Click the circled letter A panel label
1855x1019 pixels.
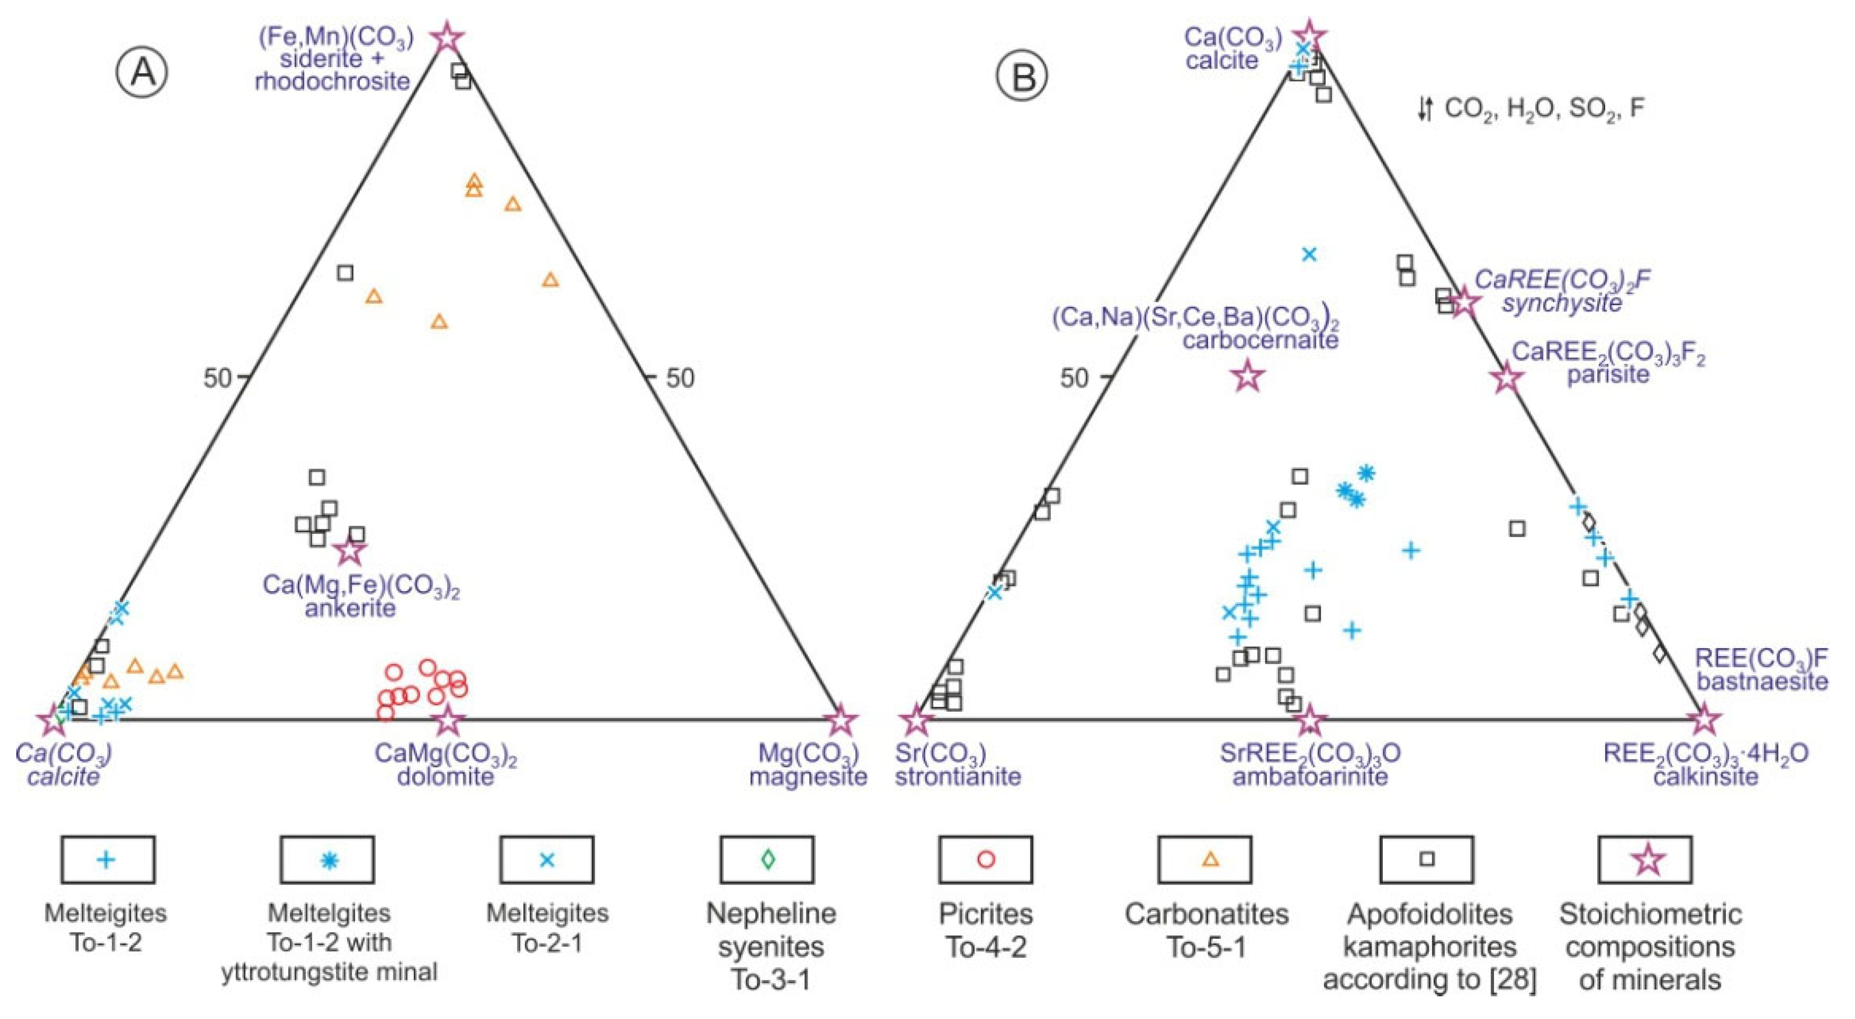(142, 75)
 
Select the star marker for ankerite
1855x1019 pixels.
(350, 551)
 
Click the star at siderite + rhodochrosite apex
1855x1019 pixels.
(447, 37)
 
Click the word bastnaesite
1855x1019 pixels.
(1762, 681)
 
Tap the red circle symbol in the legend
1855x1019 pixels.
(986, 859)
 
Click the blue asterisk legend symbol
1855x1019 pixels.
(328, 859)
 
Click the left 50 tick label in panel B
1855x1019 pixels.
(1074, 377)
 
